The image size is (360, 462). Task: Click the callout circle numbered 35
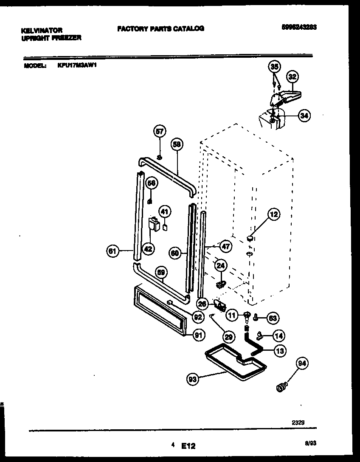275,66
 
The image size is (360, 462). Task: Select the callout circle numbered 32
292,77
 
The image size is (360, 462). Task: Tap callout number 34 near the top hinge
304,115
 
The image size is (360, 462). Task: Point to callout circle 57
160,132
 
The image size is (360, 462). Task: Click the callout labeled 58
177,144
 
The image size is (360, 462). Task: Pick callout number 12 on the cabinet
273,215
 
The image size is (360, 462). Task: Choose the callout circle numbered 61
112,251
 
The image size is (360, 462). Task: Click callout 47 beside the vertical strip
226,246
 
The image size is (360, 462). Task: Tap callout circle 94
302,363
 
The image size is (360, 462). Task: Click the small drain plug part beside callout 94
281,387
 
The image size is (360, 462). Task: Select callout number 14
278,336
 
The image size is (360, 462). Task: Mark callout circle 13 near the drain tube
280,350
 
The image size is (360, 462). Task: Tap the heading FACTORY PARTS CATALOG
160,28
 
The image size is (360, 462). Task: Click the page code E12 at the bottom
188,446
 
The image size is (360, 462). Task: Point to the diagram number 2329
298,423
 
